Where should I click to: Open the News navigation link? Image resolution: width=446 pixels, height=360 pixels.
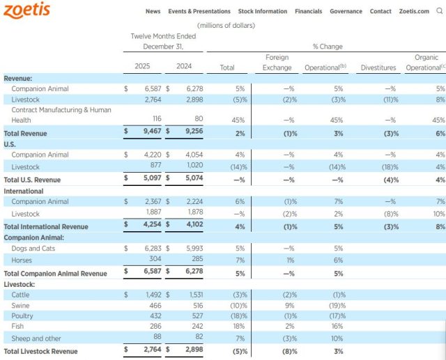[153, 12]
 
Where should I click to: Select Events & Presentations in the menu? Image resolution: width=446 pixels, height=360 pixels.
[199, 12]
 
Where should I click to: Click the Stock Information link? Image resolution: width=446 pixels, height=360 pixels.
[263, 12]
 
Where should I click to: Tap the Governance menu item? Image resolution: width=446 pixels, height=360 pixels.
[346, 12]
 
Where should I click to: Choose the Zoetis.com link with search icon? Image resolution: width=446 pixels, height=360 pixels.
[419, 12]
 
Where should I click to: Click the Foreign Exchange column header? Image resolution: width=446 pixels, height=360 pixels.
[277, 62]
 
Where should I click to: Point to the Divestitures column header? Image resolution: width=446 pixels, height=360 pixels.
[380, 67]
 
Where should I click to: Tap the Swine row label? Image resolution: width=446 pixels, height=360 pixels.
[20, 306]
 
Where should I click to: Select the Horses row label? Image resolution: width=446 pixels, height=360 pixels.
[22, 259]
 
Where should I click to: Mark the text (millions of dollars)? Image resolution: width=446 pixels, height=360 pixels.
[226, 26]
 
